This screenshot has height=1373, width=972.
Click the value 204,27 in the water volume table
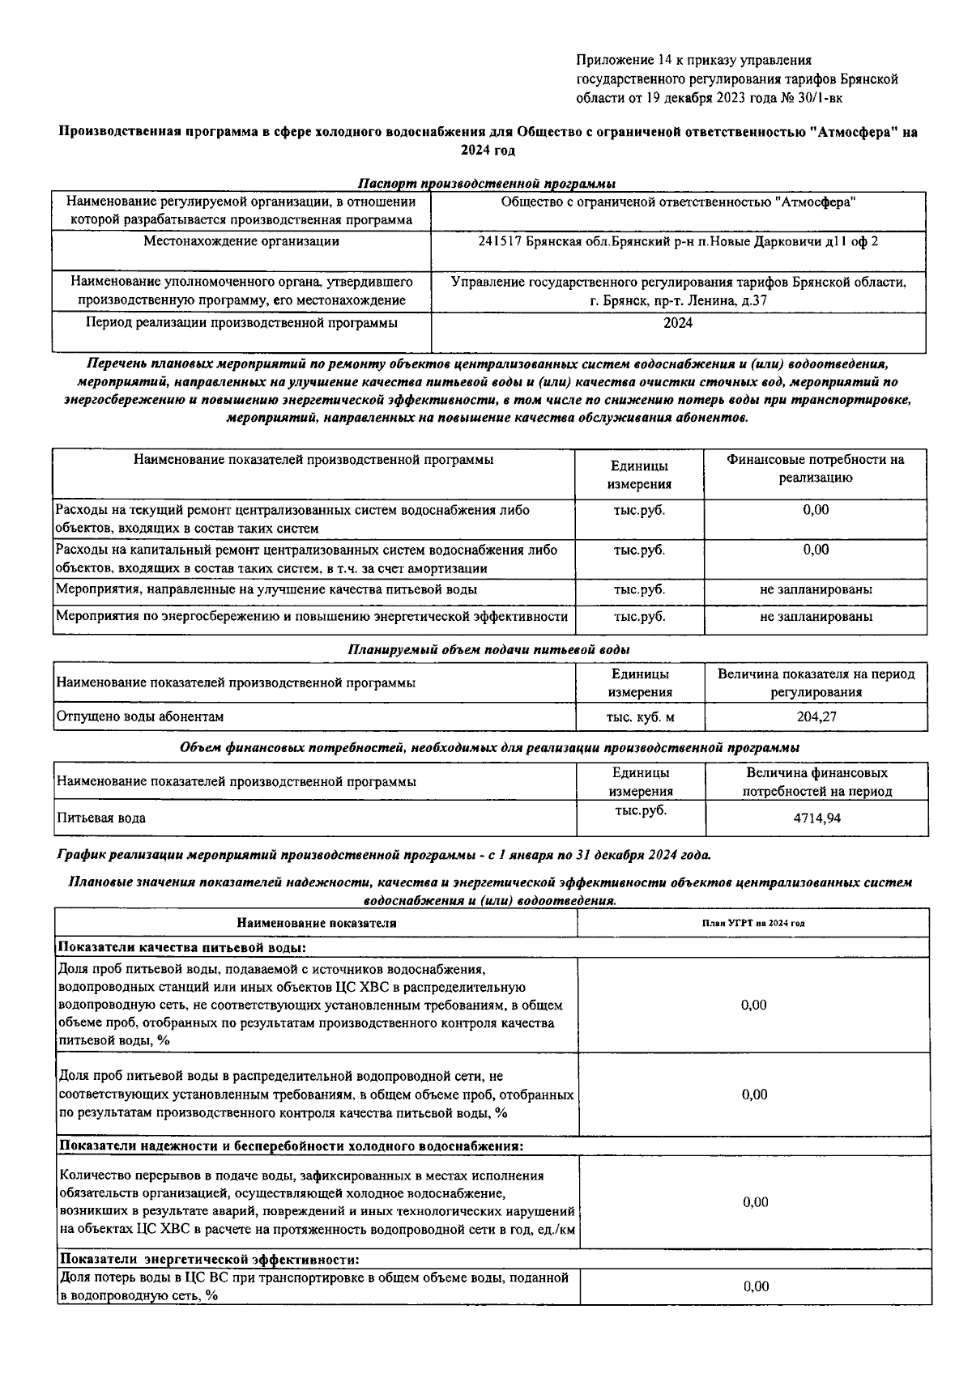(x=816, y=716)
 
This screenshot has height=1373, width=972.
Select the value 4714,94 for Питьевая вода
(x=816, y=818)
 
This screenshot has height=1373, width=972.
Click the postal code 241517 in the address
(x=501, y=242)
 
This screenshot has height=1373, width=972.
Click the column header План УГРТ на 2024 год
(x=753, y=923)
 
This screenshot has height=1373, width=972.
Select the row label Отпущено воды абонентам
(x=140, y=716)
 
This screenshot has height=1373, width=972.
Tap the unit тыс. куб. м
(x=640, y=716)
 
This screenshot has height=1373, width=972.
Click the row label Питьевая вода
(x=101, y=818)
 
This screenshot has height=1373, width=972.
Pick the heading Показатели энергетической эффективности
(x=209, y=1260)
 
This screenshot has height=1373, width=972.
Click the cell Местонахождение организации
(x=241, y=241)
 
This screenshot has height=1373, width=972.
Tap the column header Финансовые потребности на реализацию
(x=815, y=469)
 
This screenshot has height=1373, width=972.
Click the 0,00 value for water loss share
(x=756, y=1286)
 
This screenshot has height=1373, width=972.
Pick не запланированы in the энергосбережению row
(x=816, y=617)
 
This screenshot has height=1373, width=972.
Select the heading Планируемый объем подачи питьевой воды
(x=488, y=650)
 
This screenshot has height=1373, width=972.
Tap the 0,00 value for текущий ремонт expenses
(x=816, y=510)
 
